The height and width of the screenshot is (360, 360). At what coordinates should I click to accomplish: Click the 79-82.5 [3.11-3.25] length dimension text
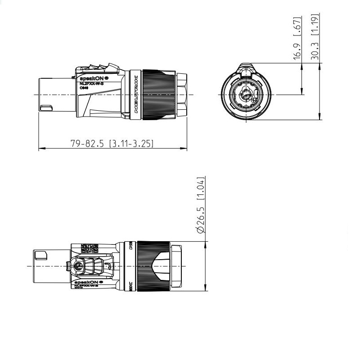[112, 144]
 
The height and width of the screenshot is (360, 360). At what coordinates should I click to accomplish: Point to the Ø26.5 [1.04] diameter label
[201, 205]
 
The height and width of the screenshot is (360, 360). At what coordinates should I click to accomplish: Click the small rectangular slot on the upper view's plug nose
[46, 108]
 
